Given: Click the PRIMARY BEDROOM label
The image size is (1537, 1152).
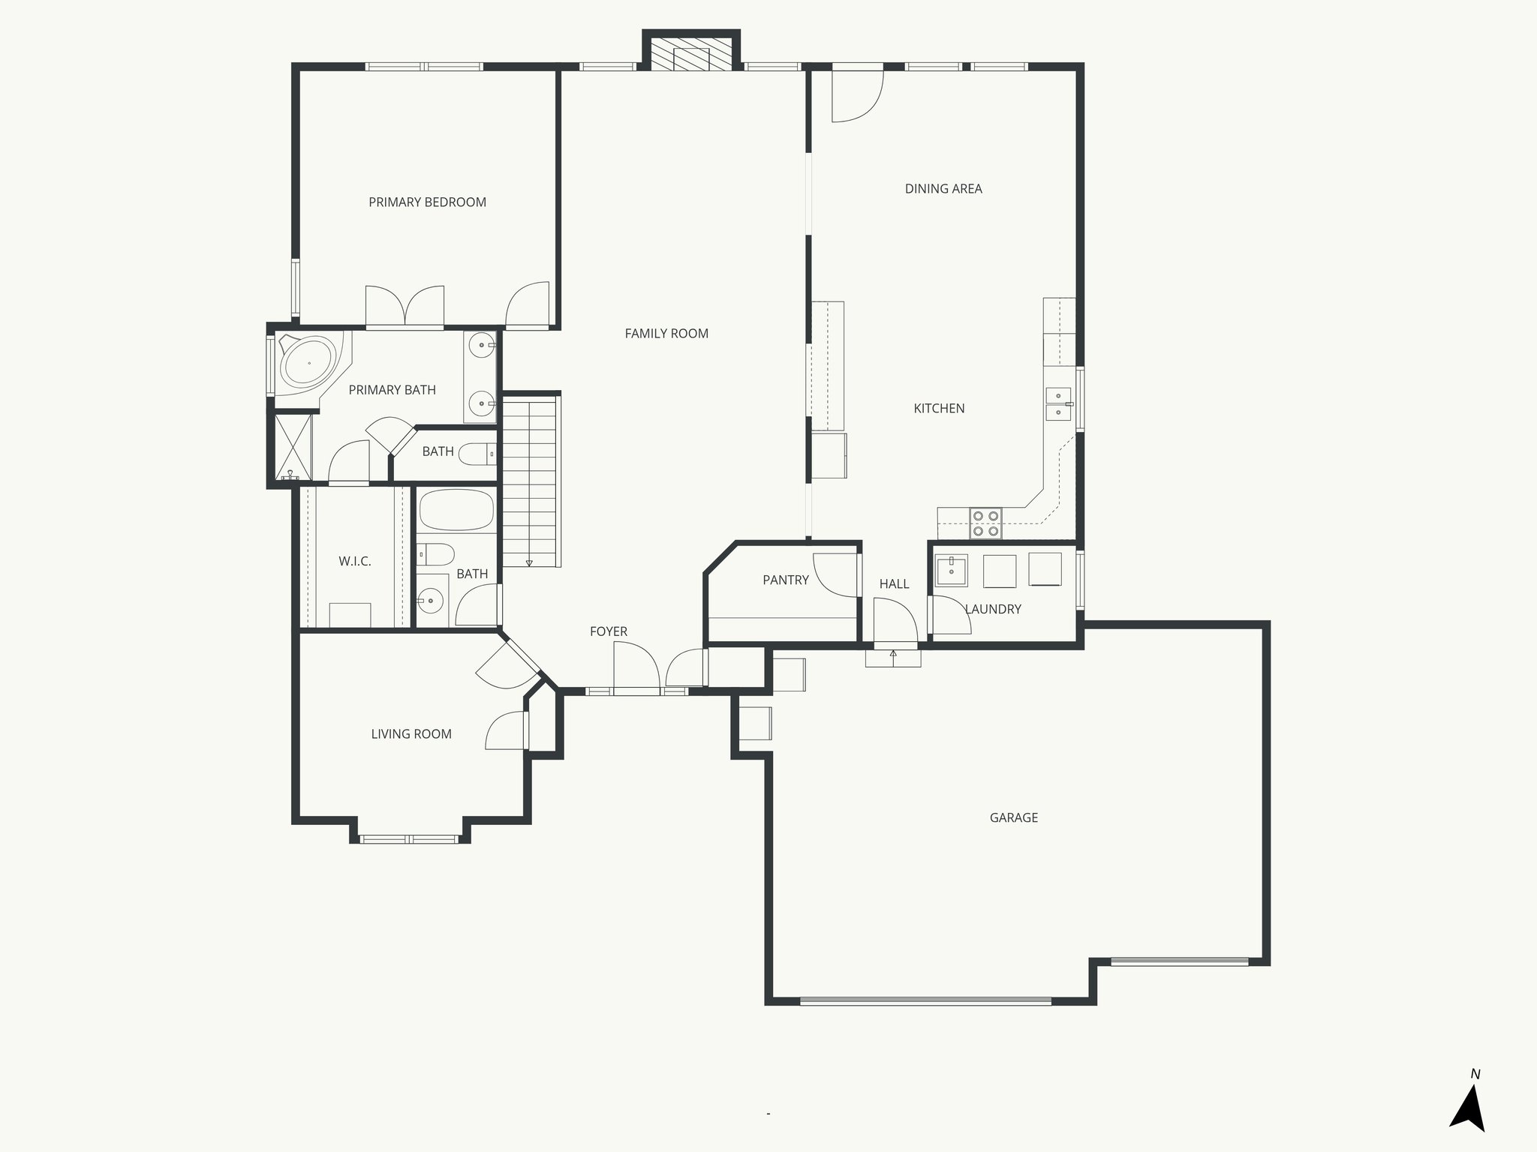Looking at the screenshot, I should tap(427, 202).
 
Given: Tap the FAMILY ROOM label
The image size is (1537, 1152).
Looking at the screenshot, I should tap(666, 333).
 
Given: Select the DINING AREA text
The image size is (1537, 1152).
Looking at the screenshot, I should tap(943, 189).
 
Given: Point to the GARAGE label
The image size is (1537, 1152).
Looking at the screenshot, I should tap(1013, 817).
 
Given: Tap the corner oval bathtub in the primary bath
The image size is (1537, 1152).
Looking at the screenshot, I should tap(308, 363).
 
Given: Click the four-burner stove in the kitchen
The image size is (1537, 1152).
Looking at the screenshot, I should tap(985, 523).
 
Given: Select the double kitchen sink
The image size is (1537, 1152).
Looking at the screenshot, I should tap(1058, 403).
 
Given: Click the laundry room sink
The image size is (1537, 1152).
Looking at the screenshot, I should tap(951, 571).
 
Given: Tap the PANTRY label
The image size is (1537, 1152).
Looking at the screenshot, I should tap(785, 580).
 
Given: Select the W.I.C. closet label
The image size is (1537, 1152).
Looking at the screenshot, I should tap(354, 561).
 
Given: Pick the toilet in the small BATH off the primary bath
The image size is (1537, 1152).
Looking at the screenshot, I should tap(477, 454).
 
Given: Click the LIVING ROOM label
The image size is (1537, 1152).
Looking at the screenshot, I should tap(411, 734).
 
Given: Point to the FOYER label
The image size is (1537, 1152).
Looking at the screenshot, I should tap(608, 631).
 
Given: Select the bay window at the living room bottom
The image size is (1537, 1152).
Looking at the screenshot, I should tap(409, 838).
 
